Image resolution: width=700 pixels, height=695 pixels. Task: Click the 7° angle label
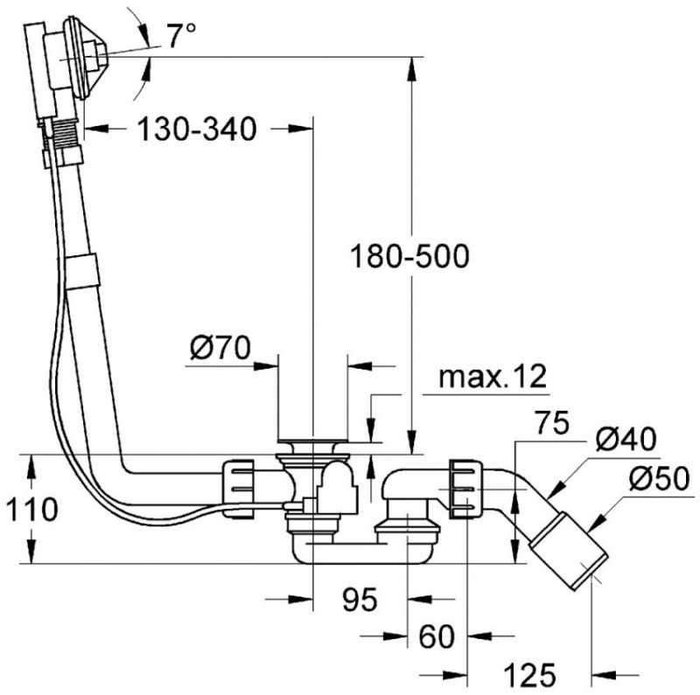[x=181, y=36]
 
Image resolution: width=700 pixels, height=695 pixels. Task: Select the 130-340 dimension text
[x=197, y=129]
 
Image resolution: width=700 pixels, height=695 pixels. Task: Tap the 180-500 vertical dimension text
[x=409, y=256]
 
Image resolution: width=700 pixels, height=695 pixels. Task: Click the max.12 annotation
[x=493, y=377]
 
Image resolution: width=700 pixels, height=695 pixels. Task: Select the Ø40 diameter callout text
[x=626, y=439]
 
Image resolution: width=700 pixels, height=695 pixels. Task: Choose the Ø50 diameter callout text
[x=660, y=479]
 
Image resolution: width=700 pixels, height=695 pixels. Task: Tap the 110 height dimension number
[x=31, y=510]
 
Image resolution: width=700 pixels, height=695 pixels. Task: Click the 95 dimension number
[x=360, y=600]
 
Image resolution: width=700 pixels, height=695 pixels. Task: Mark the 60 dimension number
[x=437, y=637]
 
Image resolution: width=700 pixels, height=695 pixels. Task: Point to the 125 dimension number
[x=530, y=675]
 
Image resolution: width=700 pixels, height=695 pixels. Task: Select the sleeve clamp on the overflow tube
[x=81, y=272]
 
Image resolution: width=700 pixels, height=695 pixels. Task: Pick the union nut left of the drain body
[x=237, y=489]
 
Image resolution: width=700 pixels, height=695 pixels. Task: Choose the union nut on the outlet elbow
[x=466, y=490]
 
